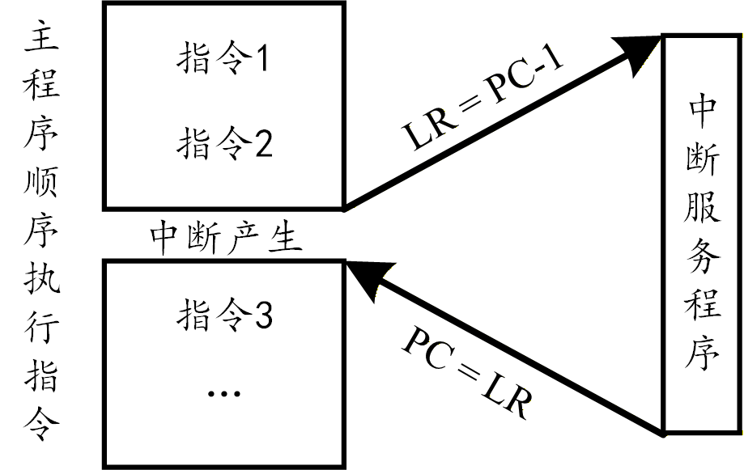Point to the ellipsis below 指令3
coord(223,394)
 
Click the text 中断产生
coord(226,239)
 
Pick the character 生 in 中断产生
coord(285,239)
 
